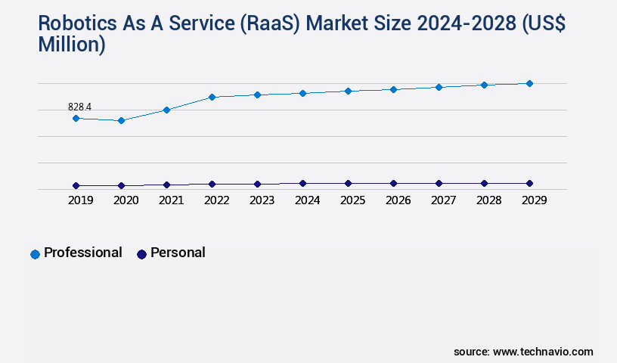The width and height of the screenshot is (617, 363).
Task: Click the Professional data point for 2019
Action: tap(76, 118)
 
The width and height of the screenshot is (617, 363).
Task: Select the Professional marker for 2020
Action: tap(121, 120)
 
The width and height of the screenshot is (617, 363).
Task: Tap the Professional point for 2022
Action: tap(212, 97)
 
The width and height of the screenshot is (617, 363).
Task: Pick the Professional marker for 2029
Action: tap(529, 83)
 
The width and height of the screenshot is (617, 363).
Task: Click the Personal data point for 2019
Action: tap(76, 185)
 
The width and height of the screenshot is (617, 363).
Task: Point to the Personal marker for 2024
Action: tap(302, 183)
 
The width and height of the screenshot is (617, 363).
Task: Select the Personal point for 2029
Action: tap(529, 183)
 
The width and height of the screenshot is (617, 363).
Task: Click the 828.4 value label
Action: tap(79, 107)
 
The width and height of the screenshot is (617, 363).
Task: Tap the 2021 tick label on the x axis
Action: tap(171, 200)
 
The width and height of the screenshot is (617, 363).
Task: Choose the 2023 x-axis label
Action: tap(262, 200)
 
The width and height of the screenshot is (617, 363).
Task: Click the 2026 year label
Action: tap(398, 200)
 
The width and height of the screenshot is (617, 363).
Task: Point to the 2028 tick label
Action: tap(488, 200)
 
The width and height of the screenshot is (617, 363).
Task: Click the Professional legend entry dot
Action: tap(35, 254)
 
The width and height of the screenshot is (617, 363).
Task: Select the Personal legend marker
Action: tap(141, 254)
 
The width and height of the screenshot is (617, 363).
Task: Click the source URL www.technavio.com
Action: tap(543, 352)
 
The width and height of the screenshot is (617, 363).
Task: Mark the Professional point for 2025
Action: tap(348, 91)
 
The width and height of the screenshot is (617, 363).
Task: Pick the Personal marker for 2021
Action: tap(166, 185)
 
